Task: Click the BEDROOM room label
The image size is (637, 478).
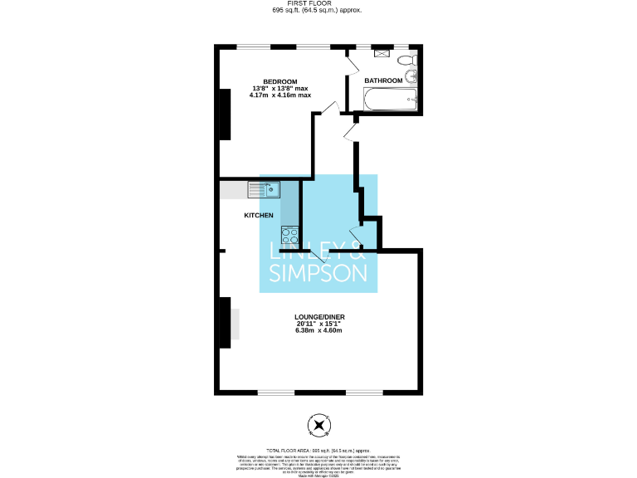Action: tap(280, 80)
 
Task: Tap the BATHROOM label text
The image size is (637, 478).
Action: tap(383, 80)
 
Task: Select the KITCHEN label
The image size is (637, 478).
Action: tap(258, 216)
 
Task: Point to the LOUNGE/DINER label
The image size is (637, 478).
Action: tap(318, 316)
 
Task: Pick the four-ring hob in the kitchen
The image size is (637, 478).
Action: tap(289, 235)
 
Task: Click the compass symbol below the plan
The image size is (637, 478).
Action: tap(318, 426)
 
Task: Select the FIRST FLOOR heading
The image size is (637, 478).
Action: tap(318, 4)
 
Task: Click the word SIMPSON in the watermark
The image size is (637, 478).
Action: tap(318, 273)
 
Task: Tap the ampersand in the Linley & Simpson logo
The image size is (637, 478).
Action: tap(357, 250)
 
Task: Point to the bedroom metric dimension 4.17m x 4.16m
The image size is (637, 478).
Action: tap(280, 95)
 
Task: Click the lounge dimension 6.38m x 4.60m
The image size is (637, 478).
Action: tap(318, 331)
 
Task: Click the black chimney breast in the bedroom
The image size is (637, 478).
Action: tap(224, 114)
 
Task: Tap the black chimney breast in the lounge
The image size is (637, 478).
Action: tap(224, 323)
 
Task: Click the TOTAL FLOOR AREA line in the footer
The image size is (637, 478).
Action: tap(318, 449)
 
